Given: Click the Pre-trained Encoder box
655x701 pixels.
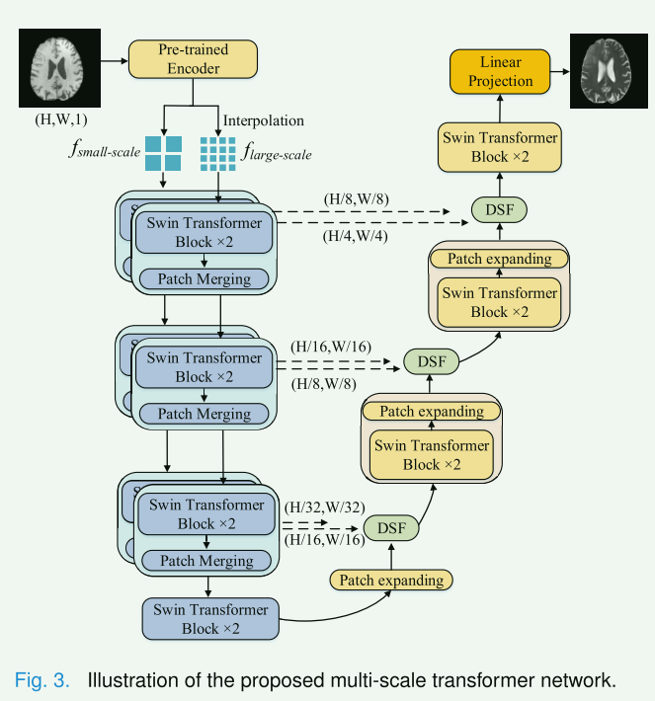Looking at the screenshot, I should pos(193,59).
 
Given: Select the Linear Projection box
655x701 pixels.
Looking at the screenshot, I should pos(499,70).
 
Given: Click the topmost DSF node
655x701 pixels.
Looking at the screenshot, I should pos(499,210).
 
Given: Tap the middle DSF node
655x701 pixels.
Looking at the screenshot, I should pos(432,362).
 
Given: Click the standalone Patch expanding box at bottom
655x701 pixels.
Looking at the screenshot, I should pos(390,580).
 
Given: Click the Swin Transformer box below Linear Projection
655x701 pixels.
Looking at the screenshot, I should pos(500,147).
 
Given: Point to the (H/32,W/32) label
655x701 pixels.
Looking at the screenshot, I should pos(322,506).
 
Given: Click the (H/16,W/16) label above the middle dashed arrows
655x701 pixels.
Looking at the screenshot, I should pos(330,348).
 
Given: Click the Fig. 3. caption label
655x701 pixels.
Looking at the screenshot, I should pos(41,680).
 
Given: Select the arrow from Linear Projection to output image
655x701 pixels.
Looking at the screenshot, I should pos(558,70).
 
